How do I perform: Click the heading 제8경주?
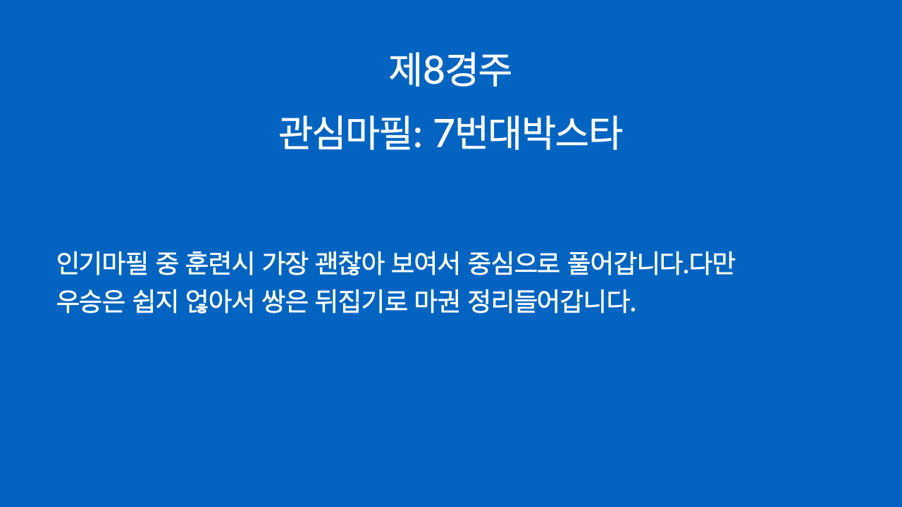pyautogui.click(x=450, y=70)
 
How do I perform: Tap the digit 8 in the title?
pyautogui.click(x=433, y=70)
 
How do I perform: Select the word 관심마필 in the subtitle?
pyautogui.click(x=346, y=133)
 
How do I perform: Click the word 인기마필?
pyautogui.click(x=102, y=263)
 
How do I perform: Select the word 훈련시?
pyautogui.click(x=220, y=263)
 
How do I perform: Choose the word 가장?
pyautogui.click(x=285, y=263)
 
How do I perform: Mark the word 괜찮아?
pyautogui.click(x=349, y=263)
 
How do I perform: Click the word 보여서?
pyautogui.click(x=425, y=263)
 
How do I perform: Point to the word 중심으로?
pyautogui.click(x=514, y=263)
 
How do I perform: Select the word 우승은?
pyautogui.click(x=90, y=301)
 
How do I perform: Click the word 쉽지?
pyautogui.click(x=155, y=301)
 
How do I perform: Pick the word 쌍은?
pyautogui.click(x=285, y=301)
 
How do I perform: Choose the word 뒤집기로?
pyautogui.click(x=361, y=301)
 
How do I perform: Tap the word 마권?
pyautogui.click(x=438, y=301)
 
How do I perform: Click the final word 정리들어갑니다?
pyautogui.click(x=552, y=301)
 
